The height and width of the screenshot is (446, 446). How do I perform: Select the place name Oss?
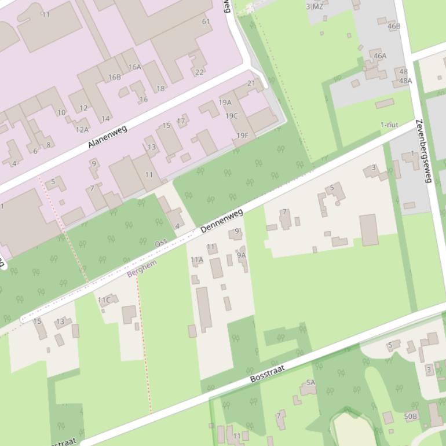click(x=161, y=243)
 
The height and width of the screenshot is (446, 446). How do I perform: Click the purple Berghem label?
click(x=142, y=268)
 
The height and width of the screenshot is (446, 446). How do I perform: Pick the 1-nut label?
click(x=389, y=125)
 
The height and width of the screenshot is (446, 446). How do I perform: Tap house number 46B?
click(x=394, y=26)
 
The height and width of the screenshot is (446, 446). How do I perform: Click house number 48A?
click(x=405, y=81)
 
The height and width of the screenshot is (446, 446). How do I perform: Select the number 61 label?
click(x=206, y=21)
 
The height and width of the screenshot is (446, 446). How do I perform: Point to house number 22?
click(x=199, y=72)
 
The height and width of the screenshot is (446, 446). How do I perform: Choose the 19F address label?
click(x=242, y=136)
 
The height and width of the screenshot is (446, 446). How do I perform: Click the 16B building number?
click(x=115, y=77)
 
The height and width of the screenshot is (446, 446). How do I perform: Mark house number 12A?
click(x=82, y=129)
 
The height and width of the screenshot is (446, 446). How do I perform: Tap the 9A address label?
click(x=241, y=255)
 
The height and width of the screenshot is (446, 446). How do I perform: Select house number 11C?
click(x=104, y=300)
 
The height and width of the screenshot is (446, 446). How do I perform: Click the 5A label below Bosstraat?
click(x=310, y=382)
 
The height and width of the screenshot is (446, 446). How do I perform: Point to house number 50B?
click(x=411, y=416)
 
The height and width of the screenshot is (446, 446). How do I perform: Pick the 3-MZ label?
click(x=315, y=7)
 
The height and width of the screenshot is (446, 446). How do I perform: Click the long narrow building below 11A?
click(x=203, y=309)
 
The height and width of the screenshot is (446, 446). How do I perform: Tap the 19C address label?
click(x=232, y=116)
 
